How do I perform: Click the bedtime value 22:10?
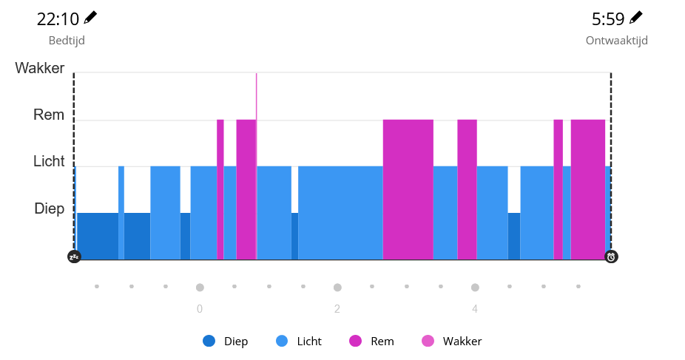(58, 18)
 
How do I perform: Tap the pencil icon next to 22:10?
(90, 17)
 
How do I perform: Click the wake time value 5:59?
(608, 18)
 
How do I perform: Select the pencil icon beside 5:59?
(636, 17)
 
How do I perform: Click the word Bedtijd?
(67, 41)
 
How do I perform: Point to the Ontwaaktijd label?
(616, 41)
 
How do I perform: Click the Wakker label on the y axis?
(40, 69)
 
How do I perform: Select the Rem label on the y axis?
(49, 115)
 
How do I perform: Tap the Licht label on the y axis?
(49, 162)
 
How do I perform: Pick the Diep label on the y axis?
(50, 208)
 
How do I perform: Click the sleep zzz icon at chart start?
(74, 257)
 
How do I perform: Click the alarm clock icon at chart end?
(611, 257)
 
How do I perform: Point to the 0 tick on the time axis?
(200, 309)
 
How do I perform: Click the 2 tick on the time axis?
(337, 309)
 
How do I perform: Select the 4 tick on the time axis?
(475, 309)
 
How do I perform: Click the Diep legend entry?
(226, 342)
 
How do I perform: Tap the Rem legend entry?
(372, 342)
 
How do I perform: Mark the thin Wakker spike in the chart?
(257, 96)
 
